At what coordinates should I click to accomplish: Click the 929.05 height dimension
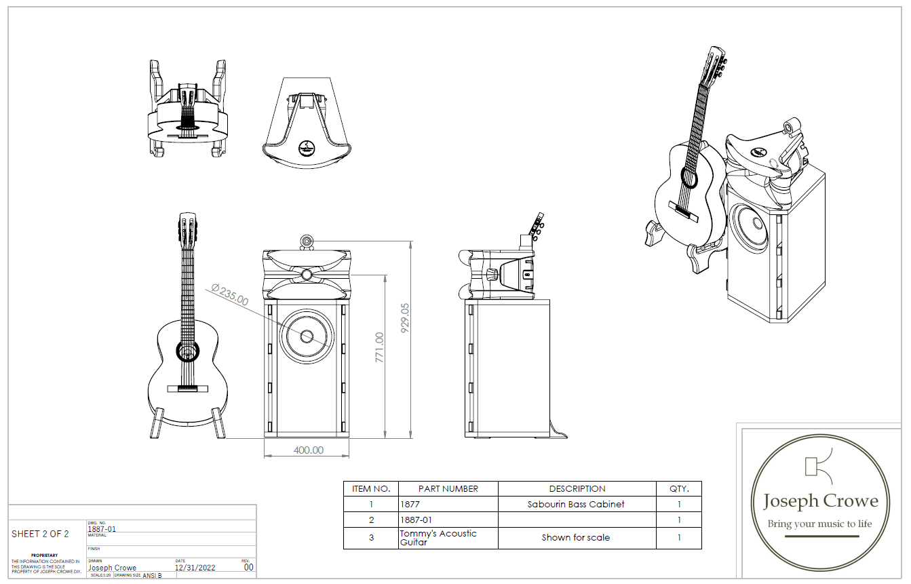click(406, 318)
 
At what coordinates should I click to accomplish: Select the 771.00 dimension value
click(379, 347)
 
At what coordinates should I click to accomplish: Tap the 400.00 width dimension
click(308, 450)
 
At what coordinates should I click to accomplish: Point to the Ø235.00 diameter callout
click(229, 295)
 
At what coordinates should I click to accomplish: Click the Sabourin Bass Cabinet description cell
click(576, 504)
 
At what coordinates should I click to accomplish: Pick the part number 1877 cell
click(410, 504)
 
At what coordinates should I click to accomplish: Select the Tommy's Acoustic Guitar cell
click(438, 538)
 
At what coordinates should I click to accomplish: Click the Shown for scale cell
click(576, 538)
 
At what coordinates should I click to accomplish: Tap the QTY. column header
click(678, 488)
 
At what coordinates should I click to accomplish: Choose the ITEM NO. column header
click(371, 488)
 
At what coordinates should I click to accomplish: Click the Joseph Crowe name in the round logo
click(820, 502)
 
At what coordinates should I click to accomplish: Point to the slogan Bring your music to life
click(819, 524)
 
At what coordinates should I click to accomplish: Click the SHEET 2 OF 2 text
click(40, 534)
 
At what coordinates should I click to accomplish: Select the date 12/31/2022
click(195, 568)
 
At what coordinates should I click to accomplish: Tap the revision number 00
click(249, 567)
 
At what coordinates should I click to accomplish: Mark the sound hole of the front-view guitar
click(187, 351)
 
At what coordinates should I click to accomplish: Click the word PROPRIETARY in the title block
click(44, 555)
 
